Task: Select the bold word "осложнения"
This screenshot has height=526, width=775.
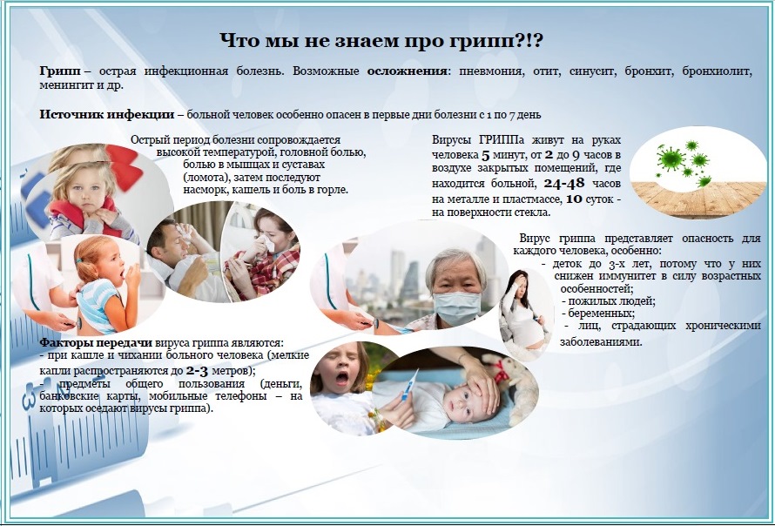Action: point(408,71)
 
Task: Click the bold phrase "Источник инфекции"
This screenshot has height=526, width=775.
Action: point(107,115)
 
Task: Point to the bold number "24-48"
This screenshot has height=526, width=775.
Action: point(564,184)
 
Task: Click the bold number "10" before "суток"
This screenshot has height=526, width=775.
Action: point(574,199)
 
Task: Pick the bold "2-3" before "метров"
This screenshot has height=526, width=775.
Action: point(197,371)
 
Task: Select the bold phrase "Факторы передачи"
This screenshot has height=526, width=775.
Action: point(96,342)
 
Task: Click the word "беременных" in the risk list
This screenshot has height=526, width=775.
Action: point(601,314)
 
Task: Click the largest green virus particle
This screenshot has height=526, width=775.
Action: point(670,158)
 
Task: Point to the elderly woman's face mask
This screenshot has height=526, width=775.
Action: point(456,307)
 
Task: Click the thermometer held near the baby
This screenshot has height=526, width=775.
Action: point(408,386)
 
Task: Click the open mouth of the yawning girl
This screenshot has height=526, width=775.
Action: point(342,379)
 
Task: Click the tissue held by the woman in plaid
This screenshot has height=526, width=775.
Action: point(267,243)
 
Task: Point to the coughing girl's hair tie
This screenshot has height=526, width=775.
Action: point(78,260)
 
